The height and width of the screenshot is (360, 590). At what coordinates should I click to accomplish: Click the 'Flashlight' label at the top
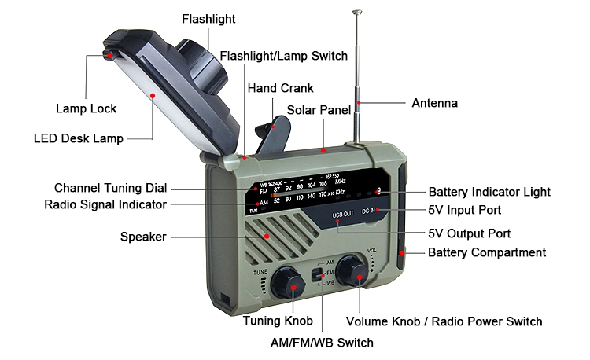click(x=208, y=18)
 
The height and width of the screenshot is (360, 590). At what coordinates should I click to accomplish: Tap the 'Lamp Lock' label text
click(x=86, y=108)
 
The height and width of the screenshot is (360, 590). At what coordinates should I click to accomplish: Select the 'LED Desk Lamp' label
click(x=79, y=139)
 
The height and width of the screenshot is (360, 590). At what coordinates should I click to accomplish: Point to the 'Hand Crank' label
click(x=281, y=89)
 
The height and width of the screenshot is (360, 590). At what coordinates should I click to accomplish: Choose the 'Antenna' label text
click(x=434, y=103)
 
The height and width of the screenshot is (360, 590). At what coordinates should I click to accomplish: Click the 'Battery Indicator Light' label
click(x=489, y=192)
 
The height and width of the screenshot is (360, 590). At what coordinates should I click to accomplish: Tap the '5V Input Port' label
click(x=464, y=211)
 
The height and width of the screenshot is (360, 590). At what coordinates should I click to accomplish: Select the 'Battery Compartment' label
click(x=486, y=252)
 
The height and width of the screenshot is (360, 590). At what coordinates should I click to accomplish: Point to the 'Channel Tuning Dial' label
click(x=110, y=189)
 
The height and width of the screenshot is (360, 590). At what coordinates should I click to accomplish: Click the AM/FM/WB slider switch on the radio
click(x=317, y=275)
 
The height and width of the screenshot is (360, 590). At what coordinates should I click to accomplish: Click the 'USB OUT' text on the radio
click(x=344, y=213)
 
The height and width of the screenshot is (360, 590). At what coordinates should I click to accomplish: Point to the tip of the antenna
click(x=359, y=12)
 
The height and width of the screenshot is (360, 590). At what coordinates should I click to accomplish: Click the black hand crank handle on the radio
click(x=271, y=133)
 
